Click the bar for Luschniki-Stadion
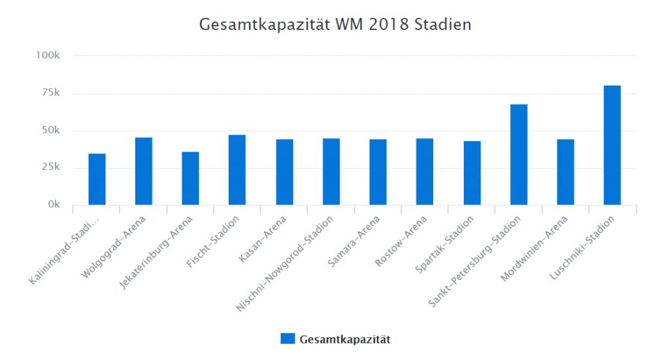tap(612, 145)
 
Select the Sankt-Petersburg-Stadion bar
tap(518, 154)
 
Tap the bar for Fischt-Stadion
tap(237, 170)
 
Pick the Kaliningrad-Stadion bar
tap(97, 179)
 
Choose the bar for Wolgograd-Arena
tap(144, 171)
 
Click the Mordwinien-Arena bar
tap(565, 172)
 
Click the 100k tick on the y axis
tap(48, 56)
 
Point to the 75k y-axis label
tap(50, 93)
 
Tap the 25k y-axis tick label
tap(50, 167)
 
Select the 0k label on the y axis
tap(52, 205)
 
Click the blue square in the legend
tap(287, 338)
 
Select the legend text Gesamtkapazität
tap(345, 339)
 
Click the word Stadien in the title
tap(443, 25)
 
